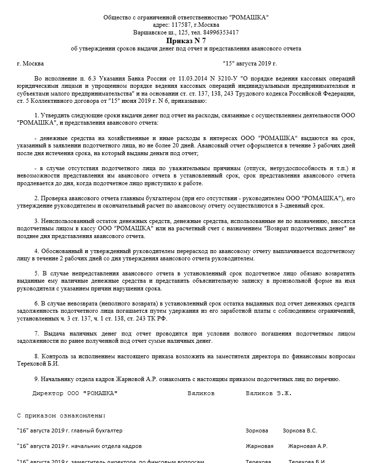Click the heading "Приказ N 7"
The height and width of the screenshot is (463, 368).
coord(186,40)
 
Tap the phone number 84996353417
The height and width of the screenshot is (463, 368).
coord(222,32)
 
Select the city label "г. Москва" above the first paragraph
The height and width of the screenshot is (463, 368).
coord(30,64)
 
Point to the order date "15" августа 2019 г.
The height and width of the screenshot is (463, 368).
coord(249,64)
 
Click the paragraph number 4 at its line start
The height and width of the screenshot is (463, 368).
coord(36,251)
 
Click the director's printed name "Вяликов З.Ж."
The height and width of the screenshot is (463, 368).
coord(269,393)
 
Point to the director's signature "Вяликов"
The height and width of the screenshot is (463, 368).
coord(201,393)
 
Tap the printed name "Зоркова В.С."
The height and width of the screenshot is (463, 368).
coord(300,431)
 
